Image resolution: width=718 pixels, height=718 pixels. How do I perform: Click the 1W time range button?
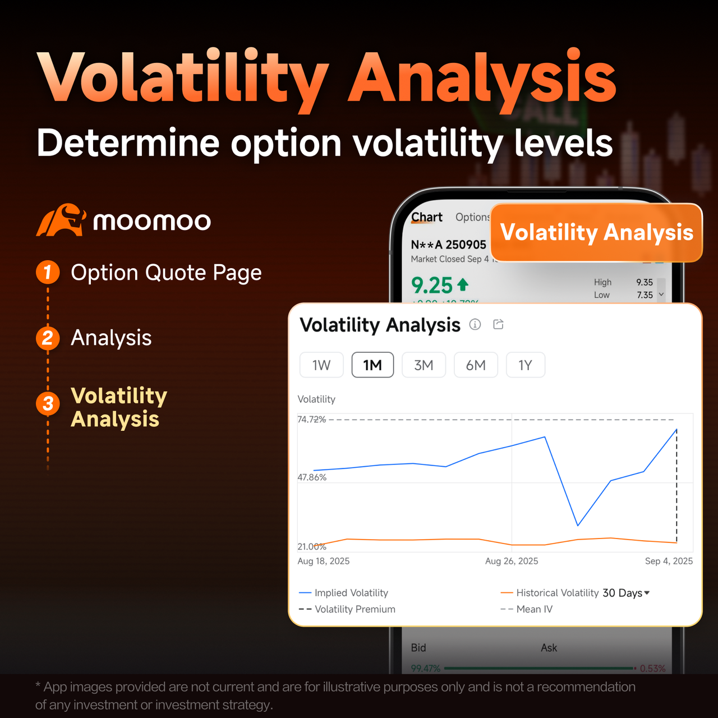321,365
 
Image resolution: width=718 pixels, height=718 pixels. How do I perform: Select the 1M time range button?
372,365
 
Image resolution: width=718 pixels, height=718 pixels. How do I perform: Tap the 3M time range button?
424,365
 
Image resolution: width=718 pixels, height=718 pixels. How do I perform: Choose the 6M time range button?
476,365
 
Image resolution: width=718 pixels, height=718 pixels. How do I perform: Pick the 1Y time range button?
525,365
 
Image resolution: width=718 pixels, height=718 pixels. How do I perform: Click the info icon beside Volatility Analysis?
475,324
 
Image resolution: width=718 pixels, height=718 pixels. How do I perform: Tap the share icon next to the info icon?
498,324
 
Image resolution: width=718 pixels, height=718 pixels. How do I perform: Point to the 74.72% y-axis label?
311,420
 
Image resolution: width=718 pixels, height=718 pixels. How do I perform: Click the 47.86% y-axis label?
312,477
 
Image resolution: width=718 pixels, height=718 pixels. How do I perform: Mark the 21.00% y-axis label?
312,547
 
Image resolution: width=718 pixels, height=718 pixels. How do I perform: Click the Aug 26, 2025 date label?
512,561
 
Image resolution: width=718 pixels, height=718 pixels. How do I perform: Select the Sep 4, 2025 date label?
669,561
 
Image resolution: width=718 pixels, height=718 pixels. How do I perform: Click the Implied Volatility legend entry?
351,593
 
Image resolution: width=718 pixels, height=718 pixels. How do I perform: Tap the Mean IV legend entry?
534,609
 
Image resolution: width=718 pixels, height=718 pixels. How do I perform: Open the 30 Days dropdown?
626,593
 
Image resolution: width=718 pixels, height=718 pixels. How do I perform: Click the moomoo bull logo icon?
61,220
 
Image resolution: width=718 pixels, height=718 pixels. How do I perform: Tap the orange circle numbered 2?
48,338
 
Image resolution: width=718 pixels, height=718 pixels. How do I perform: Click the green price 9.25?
432,286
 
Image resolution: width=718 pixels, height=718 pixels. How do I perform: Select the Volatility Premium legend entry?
355,609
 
